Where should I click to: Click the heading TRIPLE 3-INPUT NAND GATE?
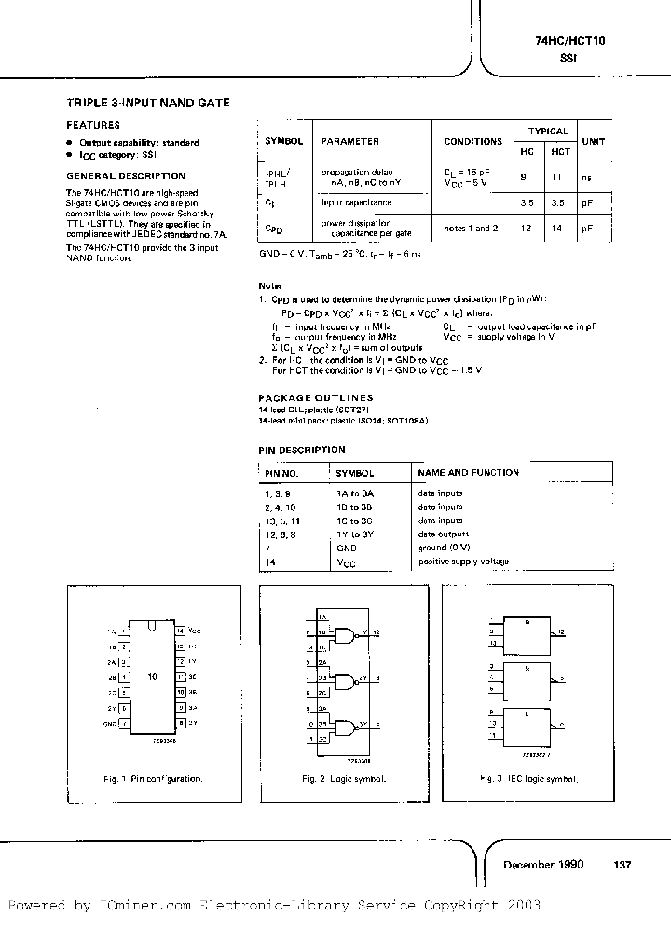[148, 103]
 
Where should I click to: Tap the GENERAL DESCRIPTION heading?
[126, 175]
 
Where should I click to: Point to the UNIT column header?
[593, 141]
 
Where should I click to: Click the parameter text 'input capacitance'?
[357, 201]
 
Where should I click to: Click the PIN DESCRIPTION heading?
[302, 450]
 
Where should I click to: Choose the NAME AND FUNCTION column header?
[469, 473]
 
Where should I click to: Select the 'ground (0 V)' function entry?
[445, 548]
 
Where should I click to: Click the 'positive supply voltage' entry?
[463, 562]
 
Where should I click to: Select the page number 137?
[623, 865]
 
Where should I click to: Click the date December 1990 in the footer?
[543, 865]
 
